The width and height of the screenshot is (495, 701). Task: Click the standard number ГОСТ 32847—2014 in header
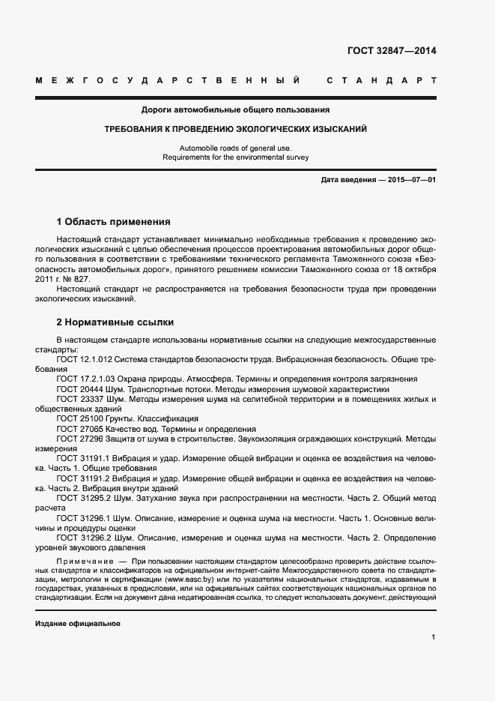392,52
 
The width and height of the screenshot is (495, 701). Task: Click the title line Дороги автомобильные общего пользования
236,110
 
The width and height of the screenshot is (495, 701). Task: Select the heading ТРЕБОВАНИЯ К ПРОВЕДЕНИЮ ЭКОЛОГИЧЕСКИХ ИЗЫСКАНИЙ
235,130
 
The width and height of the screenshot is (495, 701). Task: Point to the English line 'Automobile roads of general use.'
235,148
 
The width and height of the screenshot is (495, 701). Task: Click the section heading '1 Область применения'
113,222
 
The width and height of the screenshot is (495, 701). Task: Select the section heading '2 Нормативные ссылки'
115,322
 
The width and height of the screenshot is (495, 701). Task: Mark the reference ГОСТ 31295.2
83,497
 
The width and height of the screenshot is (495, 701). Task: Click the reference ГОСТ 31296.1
83,517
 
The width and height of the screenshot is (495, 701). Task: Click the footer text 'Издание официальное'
78,624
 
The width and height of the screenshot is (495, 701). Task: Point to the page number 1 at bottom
433,637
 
